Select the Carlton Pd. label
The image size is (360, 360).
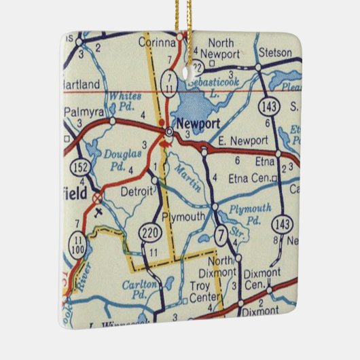(x=141, y=289)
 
